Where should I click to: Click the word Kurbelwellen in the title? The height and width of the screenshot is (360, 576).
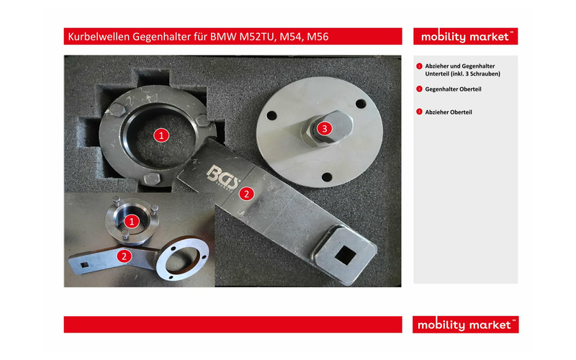(99, 37)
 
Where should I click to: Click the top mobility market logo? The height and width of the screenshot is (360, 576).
(465, 37)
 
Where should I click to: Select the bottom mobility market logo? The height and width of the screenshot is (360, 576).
(465, 325)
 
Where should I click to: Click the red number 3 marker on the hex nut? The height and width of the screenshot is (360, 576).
(324, 129)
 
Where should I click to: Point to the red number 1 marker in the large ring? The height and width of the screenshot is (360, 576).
(161, 135)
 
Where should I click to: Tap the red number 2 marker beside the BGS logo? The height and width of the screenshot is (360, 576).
(246, 194)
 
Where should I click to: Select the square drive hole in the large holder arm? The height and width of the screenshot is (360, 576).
(345, 255)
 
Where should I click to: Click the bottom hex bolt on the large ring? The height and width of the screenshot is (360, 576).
(152, 179)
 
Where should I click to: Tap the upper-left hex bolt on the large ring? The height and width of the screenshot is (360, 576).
(117, 110)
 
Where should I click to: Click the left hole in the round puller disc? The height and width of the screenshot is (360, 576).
(271, 116)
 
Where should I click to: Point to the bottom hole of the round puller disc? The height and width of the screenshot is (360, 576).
(327, 177)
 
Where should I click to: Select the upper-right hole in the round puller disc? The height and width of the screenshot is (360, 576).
(361, 104)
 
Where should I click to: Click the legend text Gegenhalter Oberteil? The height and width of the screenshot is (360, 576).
(453, 89)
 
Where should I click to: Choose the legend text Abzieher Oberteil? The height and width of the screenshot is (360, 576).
(448, 112)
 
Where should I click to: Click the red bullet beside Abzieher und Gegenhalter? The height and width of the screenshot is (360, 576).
(419, 66)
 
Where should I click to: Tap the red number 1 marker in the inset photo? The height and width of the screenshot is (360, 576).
(132, 222)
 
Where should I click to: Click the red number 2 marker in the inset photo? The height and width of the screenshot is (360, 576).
(124, 256)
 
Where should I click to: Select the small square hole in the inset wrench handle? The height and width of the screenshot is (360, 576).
(85, 264)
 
